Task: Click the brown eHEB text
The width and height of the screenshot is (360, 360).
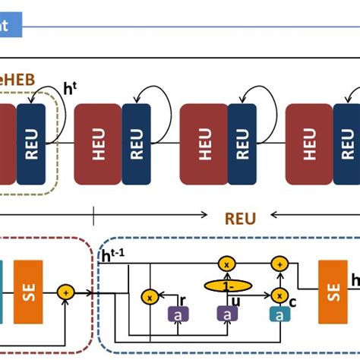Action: tap(15, 77)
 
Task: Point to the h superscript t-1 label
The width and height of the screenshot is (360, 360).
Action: tap(114, 257)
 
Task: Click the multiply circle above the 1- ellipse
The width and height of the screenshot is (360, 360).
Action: tap(226, 264)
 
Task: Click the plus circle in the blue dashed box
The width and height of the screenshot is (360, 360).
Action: tap(279, 264)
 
